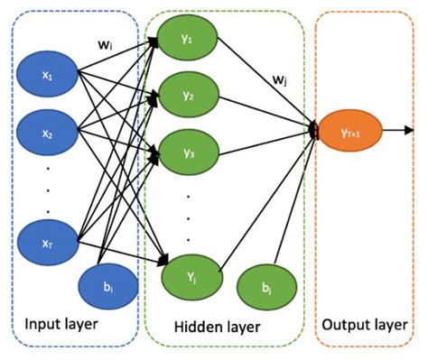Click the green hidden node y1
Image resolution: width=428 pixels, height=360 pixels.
click(x=188, y=37)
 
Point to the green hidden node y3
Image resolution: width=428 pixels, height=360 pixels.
click(x=188, y=151)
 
